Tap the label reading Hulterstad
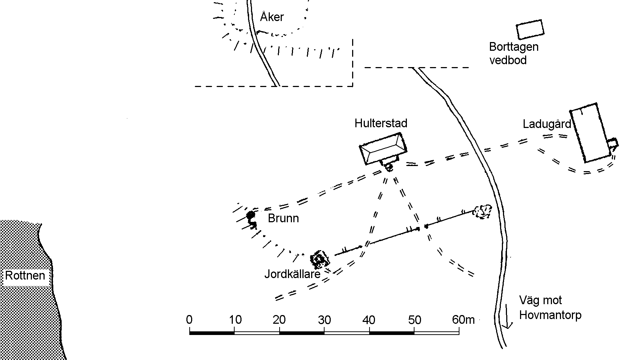click(381, 123)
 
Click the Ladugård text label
click(546, 124)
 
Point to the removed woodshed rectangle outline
click(530, 29)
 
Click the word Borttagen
click(513, 47)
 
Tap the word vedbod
click(508, 60)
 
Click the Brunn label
click(283, 218)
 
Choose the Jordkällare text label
click(292, 274)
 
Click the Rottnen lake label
click(25, 276)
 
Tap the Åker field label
click(272, 17)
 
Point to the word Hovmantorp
click(550, 315)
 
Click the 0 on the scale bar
click(189, 320)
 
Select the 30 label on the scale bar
click(324, 320)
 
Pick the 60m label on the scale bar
click(463, 320)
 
